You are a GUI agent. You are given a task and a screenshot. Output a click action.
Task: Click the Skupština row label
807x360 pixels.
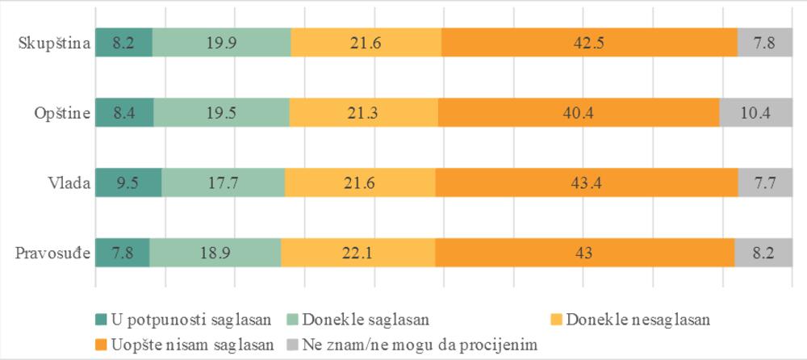[x=52, y=43]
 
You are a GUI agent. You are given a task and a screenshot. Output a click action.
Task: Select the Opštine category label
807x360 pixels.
[x=60, y=113]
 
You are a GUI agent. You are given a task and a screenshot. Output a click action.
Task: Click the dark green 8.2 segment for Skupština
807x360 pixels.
[x=123, y=43]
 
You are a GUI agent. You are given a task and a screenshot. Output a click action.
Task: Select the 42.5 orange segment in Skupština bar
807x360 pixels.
[x=589, y=43]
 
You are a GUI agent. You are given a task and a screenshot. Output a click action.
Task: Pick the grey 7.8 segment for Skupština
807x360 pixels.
[x=764, y=43]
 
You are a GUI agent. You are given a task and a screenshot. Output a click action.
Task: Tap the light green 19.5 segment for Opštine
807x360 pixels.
[x=221, y=113]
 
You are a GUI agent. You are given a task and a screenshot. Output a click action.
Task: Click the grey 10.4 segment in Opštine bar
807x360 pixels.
[x=755, y=113]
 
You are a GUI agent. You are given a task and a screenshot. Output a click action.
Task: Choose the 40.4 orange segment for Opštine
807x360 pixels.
[x=579, y=113]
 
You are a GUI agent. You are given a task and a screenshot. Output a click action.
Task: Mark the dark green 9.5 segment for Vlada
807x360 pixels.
[x=128, y=182]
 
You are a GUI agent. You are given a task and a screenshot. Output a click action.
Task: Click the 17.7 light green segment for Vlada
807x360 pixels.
[x=224, y=182]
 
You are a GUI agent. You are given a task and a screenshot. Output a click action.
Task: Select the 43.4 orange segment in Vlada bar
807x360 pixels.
[x=587, y=182]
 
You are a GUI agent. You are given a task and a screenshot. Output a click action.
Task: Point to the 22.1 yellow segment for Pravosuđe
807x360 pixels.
[x=358, y=253]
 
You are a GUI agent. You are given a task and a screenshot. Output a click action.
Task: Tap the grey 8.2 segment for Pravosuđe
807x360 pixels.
[x=763, y=253]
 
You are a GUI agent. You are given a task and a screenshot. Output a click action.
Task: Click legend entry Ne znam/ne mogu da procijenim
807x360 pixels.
[x=412, y=344]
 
